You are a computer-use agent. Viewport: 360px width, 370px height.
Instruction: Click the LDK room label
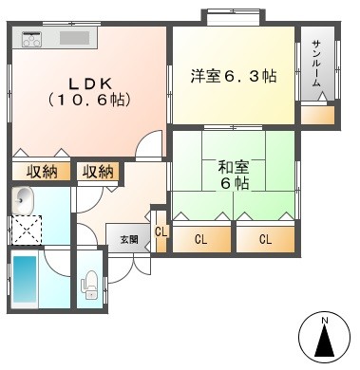point(91,83)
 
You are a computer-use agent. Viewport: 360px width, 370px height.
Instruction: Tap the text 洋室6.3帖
point(234,76)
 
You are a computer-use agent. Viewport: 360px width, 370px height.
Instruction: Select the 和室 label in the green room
point(234,168)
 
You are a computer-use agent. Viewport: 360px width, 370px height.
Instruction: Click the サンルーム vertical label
point(316,64)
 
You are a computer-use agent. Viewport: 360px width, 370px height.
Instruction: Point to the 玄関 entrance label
point(129,239)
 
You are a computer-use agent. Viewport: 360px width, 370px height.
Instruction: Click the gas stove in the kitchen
point(31,39)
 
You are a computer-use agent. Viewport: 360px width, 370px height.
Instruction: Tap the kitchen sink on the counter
point(75,38)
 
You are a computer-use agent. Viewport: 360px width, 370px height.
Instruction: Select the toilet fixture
point(89,285)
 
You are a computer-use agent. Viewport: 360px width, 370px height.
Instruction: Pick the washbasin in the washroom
point(22,200)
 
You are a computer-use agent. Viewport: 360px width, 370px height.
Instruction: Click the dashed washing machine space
point(26,230)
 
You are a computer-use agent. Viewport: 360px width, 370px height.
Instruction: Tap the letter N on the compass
point(325,321)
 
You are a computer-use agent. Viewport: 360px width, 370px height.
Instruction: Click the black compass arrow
point(325,341)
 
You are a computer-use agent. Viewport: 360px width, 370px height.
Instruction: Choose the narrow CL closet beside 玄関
point(161,231)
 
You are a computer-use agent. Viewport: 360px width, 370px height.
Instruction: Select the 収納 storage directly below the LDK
point(41,172)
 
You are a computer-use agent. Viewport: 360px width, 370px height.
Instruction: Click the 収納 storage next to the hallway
point(98,172)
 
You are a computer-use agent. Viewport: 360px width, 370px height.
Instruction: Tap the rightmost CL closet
point(265,239)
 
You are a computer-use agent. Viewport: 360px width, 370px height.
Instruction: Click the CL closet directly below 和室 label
point(201,239)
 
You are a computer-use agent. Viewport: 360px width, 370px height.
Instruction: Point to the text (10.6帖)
point(89,101)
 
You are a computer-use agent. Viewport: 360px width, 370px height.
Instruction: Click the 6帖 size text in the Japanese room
point(235,183)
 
